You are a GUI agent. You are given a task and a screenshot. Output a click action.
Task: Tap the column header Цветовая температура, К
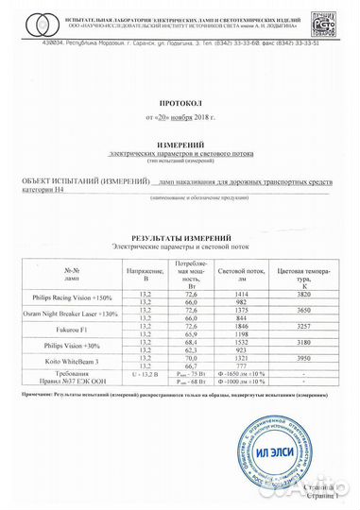point(302,273)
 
